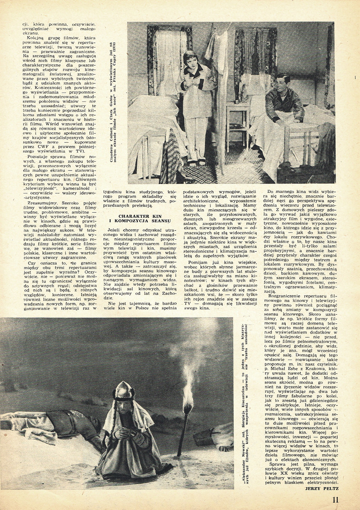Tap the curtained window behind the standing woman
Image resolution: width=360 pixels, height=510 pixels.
[169, 59]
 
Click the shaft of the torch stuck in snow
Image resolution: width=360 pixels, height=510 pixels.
[184, 430]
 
